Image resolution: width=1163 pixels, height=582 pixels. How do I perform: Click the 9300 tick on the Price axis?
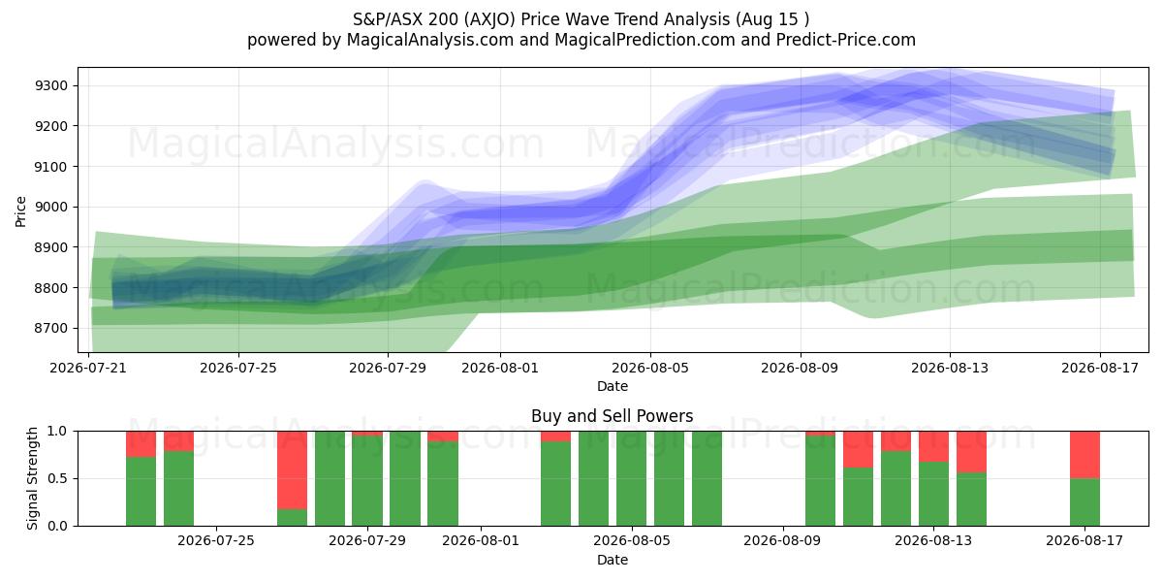[x=51, y=85]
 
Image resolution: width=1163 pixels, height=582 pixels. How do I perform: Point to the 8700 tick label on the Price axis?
[x=51, y=329]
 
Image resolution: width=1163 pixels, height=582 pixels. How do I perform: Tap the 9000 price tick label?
[x=51, y=207]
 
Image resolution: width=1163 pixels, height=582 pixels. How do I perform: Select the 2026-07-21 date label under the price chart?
[x=88, y=368]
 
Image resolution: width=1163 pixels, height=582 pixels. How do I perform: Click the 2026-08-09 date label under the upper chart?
[x=800, y=368]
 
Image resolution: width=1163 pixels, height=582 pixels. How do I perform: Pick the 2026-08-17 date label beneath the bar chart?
[x=1084, y=541]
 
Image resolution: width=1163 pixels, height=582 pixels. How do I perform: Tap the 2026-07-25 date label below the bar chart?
[x=216, y=541]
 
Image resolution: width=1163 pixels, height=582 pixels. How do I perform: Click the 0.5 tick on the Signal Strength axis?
[x=57, y=478]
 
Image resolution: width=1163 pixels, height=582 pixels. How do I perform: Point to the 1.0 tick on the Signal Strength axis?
[x=57, y=431]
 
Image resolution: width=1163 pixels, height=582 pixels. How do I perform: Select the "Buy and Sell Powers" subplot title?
[x=613, y=416]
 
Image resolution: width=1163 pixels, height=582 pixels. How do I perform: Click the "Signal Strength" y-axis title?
[x=32, y=478]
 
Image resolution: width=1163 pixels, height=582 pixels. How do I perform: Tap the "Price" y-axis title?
[x=20, y=211]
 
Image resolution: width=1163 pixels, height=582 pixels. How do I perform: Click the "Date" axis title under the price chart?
[x=613, y=386]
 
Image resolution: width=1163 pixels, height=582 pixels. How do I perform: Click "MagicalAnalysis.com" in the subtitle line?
[x=430, y=40]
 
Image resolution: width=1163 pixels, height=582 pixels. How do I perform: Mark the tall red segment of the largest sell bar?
[x=292, y=469]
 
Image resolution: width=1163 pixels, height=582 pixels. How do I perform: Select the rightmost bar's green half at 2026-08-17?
[x=1084, y=502]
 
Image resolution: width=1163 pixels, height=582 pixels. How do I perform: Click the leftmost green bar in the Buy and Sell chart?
[x=141, y=492]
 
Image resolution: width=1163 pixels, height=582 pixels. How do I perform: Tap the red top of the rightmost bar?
[x=1084, y=455]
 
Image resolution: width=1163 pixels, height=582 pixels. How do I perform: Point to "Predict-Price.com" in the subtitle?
[x=846, y=40]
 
